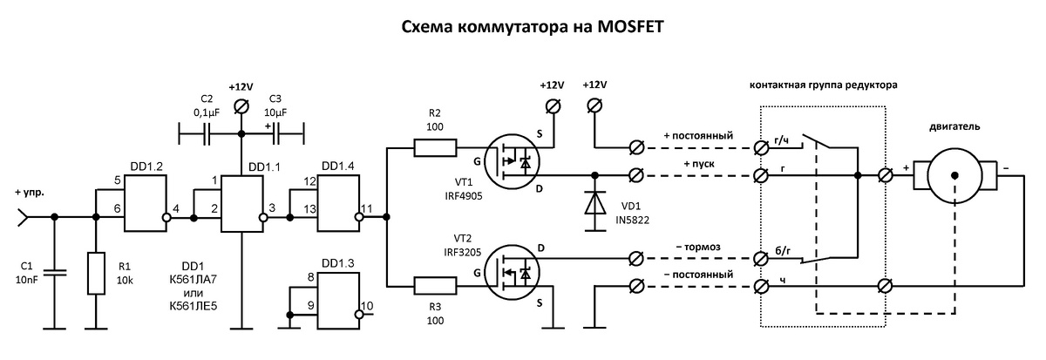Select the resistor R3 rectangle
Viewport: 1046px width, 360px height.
(x=434, y=284)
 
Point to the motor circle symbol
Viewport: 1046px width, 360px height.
(x=954, y=175)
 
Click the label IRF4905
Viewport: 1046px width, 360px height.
(x=461, y=197)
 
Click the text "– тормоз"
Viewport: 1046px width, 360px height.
(x=689, y=248)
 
